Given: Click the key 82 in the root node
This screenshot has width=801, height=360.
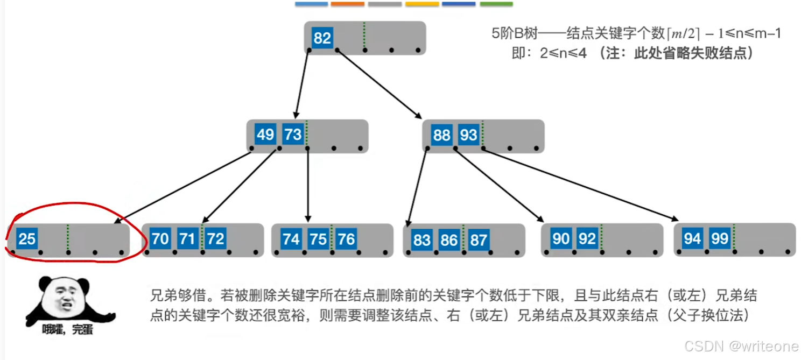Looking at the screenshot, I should coord(322,38).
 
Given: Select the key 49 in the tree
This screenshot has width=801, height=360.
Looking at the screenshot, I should coord(265,134).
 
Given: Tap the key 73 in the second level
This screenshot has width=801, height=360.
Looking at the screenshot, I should coord(293,134).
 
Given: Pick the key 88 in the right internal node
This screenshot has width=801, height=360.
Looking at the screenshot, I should coord(441,135).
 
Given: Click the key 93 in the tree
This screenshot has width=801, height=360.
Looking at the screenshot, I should coord(469,135).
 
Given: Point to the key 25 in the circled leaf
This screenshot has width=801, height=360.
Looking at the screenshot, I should coord(27,238).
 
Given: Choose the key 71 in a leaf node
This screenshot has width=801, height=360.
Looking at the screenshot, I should coord(187,238).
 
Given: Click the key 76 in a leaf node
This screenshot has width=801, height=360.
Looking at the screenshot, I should coord(346,238).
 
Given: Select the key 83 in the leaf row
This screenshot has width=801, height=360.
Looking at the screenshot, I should coord(421,239).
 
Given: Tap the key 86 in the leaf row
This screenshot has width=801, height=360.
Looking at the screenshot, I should coord(449,239).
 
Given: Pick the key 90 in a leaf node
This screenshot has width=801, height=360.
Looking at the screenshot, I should coord(560,238).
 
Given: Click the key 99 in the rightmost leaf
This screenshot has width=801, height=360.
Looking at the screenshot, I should coord(720,238).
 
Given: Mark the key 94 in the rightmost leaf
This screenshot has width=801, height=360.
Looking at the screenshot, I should coord(692,238).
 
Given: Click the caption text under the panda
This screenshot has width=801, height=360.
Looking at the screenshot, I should coord(68,329).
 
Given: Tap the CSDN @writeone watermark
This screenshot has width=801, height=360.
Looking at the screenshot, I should coord(741,346).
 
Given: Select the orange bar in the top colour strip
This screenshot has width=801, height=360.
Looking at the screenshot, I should coord(347,4).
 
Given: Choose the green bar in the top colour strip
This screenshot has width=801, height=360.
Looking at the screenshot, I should coord(496,4).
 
